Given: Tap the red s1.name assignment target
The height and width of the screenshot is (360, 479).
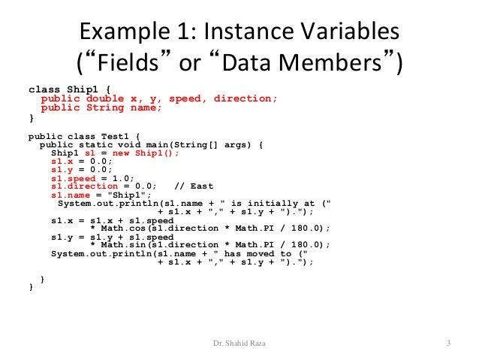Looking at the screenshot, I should pyautogui.click(x=68, y=194).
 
